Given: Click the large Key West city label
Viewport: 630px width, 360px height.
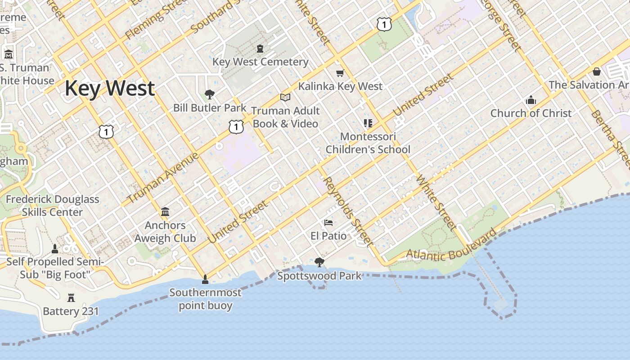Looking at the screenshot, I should coord(110,88).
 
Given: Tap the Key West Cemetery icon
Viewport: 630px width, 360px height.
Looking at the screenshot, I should coord(260,48).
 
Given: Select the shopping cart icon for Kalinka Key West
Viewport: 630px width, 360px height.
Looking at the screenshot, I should coord(340,73).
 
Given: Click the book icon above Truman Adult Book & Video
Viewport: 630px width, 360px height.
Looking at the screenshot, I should coord(285,97).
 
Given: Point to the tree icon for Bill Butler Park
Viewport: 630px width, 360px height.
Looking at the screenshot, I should coord(209,94).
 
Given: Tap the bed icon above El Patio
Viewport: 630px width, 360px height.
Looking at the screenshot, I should coord(328,223).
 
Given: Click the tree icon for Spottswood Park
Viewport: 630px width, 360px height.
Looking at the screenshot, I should coord(319,262).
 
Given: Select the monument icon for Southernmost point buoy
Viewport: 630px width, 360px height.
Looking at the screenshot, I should coord(205,279).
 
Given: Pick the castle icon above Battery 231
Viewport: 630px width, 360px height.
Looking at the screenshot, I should coord(71,297).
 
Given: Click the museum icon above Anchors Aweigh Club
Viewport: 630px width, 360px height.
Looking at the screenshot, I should coord(165,211).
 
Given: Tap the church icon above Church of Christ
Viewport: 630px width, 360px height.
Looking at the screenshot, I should coord(531,100).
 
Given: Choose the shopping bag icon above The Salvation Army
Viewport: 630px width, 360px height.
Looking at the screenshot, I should coord(597,72).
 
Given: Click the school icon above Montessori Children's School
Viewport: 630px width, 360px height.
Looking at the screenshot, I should coord(368,123).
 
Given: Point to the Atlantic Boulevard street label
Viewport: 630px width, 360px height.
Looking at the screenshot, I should coord(452,246).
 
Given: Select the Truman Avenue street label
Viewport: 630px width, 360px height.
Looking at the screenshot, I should coord(163,178).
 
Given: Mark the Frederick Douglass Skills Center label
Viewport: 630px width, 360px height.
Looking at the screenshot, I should coord(52,206).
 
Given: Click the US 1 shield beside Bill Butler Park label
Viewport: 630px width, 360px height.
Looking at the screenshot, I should coord(236,127).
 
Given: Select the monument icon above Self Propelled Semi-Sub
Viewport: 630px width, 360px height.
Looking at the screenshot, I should coord(55,249).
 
